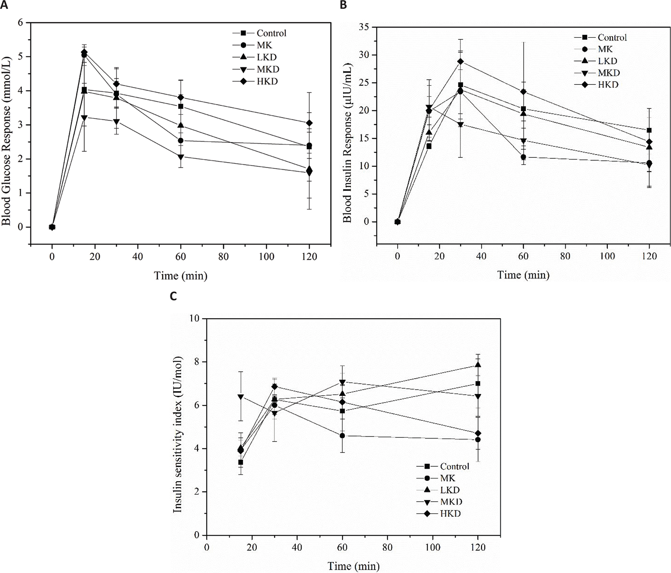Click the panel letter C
[x=173, y=296]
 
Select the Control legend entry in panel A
[x=271, y=33]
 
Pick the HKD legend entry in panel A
[x=267, y=82]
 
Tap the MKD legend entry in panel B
[x=609, y=73]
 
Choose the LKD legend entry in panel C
[x=450, y=490]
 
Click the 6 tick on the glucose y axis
[x=20, y=23]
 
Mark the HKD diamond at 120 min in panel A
[x=309, y=123]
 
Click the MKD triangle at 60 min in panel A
[x=181, y=157]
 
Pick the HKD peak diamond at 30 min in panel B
[x=460, y=62]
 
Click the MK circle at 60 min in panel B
[x=523, y=157]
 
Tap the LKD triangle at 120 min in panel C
[x=478, y=364]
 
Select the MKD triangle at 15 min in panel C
[x=241, y=397]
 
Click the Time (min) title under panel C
[x=353, y=566]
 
